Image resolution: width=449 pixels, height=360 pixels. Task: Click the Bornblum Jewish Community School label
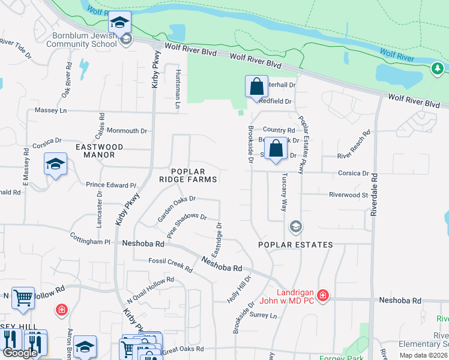[x=81, y=40]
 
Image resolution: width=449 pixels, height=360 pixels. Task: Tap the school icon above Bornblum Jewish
[x=119, y=23]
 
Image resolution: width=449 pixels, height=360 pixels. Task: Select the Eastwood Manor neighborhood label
[x=100, y=151]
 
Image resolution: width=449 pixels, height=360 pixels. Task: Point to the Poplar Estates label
[x=295, y=245]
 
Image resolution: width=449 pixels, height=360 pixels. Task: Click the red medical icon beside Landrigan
[x=323, y=295]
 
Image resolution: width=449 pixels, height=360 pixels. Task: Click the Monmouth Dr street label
[x=127, y=130]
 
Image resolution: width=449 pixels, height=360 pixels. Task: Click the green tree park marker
[x=436, y=69]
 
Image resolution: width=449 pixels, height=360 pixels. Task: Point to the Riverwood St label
[x=348, y=194]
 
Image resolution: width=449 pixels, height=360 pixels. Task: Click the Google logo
[x=21, y=353]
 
